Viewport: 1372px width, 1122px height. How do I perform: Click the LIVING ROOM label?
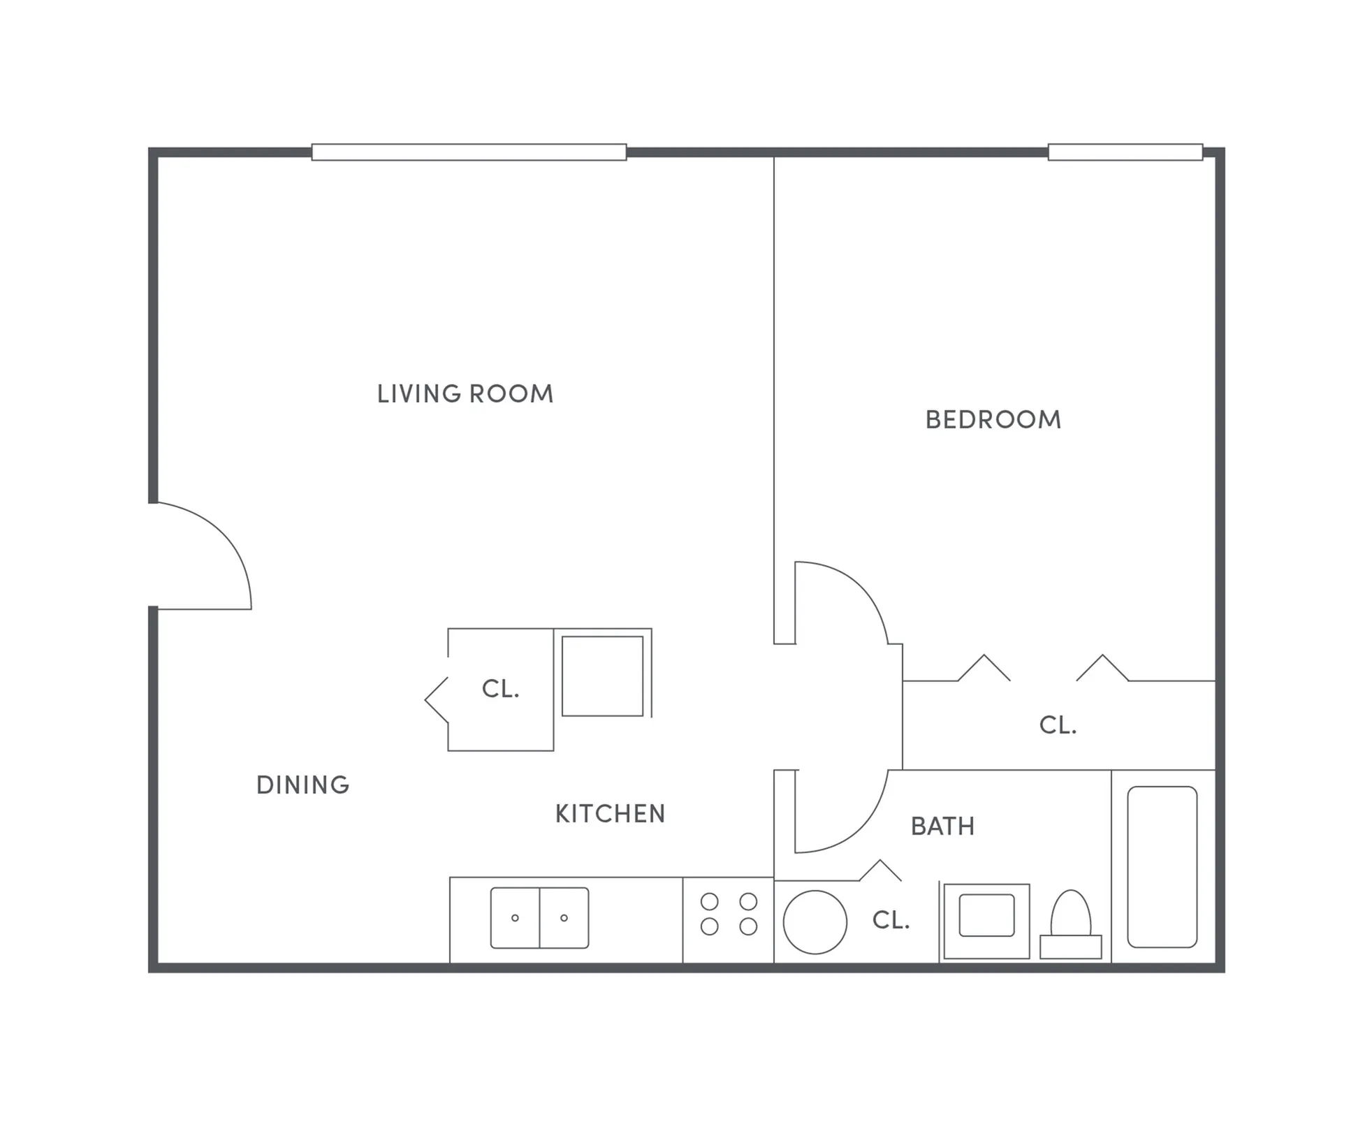pyautogui.click(x=465, y=394)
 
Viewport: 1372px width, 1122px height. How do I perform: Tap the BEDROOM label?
pyautogui.click(x=993, y=420)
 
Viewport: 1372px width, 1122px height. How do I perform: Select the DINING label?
pyautogui.click(x=302, y=785)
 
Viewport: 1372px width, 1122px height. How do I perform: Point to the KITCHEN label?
pyautogui.click(x=610, y=814)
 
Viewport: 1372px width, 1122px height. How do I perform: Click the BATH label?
pyautogui.click(x=942, y=826)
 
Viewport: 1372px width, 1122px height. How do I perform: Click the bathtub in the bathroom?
pyautogui.click(x=1162, y=867)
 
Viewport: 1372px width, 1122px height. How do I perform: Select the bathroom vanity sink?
pyautogui.click(x=986, y=916)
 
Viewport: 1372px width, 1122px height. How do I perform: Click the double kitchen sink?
pyautogui.click(x=539, y=918)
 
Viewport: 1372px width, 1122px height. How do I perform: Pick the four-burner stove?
pyautogui.click(x=729, y=914)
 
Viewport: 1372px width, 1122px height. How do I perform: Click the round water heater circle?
pyautogui.click(x=815, y=922)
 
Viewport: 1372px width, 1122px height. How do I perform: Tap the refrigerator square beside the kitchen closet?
pyautogui.click(x=602, y=676)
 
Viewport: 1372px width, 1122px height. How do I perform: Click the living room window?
pyautogui.click(x=469, y=152)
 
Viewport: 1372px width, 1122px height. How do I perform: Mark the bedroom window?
pyautogui.click(x=1125, y=152)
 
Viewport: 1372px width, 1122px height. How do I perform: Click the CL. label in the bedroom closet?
pyautogui.click(x=1058, y=725)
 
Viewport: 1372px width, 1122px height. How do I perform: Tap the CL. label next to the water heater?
pyautogui.click(x=891, y=920)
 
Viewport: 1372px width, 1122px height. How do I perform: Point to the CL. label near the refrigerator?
pyautogui.click(x=500, y=689)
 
